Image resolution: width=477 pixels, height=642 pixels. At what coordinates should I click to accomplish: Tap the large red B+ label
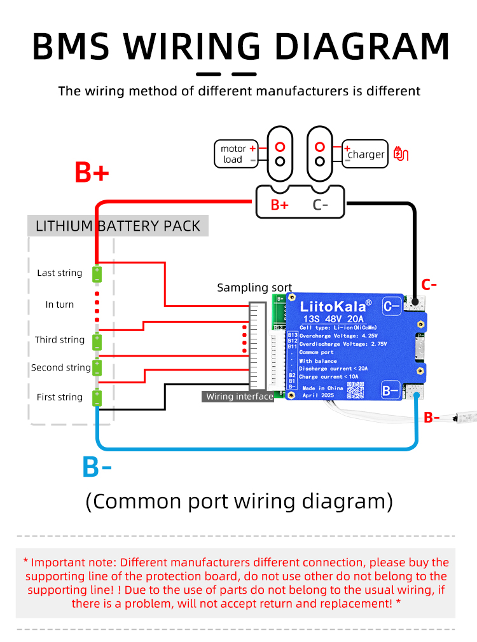point(92,172)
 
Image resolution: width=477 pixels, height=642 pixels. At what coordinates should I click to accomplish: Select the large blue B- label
point(97,467)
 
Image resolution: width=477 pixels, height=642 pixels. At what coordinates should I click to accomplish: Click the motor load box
point(236,154)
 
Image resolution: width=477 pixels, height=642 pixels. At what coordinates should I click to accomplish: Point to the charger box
point(365,154)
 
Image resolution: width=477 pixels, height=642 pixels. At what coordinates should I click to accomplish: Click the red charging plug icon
point(401,154)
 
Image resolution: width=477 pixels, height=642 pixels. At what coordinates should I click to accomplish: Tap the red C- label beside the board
point(429,284)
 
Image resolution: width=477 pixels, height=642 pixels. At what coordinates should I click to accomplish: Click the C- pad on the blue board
point(391,307)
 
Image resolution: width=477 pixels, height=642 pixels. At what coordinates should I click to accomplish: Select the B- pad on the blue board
point(390,389)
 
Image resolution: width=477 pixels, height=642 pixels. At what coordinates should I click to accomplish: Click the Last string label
point(60,273)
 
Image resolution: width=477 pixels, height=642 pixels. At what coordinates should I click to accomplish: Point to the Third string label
point(60,339)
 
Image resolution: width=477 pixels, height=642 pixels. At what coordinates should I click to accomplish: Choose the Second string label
point(61,367)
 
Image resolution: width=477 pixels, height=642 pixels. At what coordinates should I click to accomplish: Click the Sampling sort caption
point(254,287)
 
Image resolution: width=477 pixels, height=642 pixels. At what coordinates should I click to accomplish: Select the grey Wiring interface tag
point(239,397)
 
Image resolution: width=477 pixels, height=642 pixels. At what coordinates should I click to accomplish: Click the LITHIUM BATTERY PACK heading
point(118,226)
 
